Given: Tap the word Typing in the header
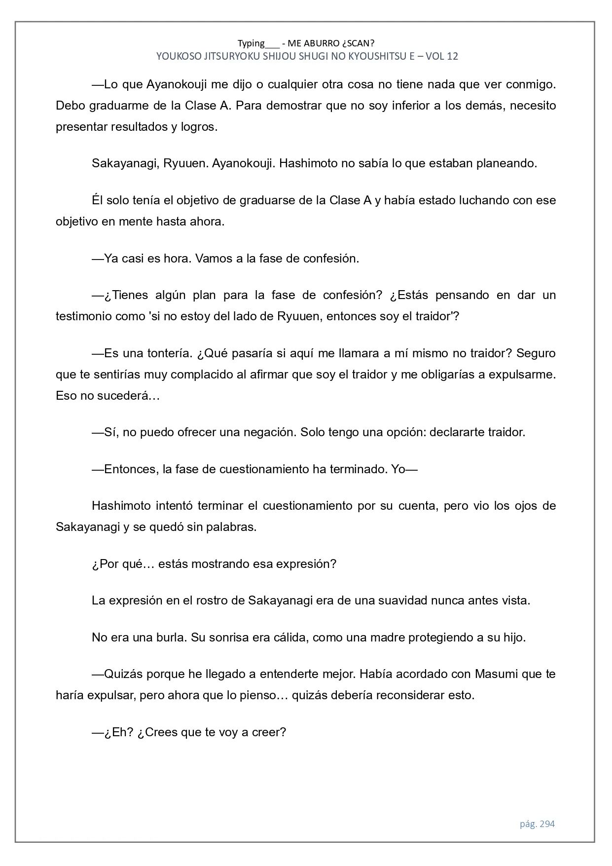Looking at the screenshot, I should [251, 43].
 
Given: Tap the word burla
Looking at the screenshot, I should [168, 638].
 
